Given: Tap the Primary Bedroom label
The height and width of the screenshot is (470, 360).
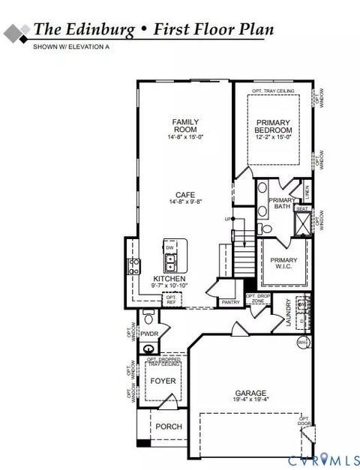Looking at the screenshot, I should (273, 126).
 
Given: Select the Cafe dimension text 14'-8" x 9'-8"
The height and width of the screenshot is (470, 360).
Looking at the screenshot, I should (185, 202).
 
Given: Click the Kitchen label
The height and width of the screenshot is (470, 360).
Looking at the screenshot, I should (169, 277).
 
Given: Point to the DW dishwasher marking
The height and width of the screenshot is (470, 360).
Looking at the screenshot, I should (170, 247).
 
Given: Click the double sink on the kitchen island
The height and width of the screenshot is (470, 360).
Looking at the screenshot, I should (171, 262).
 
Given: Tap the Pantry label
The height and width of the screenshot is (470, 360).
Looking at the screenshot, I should (229, 302).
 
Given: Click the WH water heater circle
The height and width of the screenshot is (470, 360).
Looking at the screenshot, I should (303, 343).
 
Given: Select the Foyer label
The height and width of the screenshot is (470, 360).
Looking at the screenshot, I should (163, 381).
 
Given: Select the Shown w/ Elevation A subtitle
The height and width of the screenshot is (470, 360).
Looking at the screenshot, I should (70, 47).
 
